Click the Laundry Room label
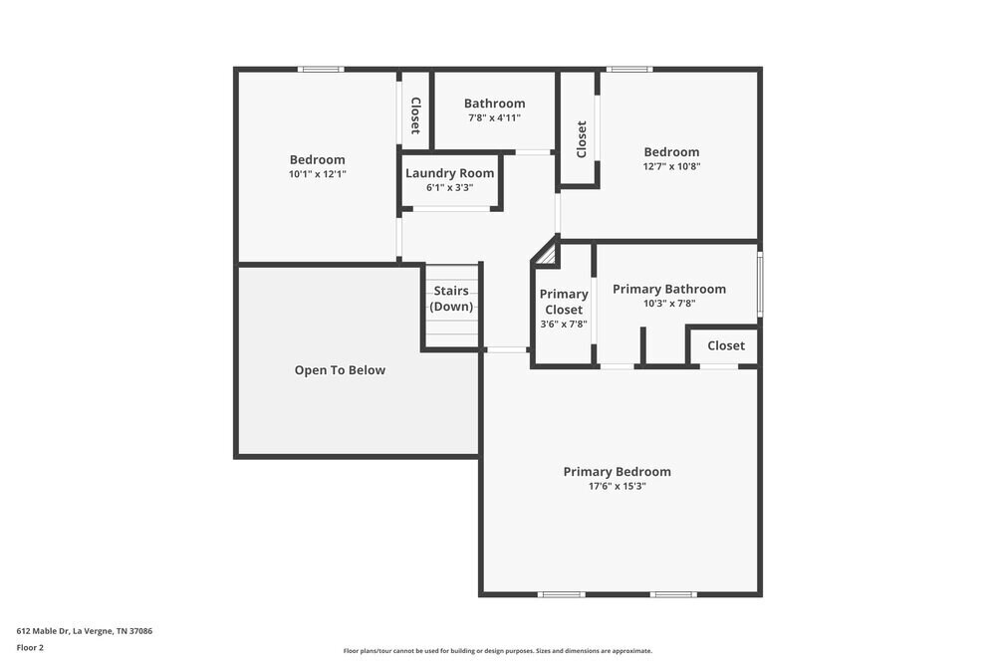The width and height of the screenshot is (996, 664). pyautogui.click(x=449, y=173)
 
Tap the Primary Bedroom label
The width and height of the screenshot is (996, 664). pyautogui.click(x=617, y=472)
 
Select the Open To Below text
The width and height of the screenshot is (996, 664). pyautogui.click(x=340, y=370)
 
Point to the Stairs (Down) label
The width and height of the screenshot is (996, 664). pyautogui.click(x=451, y=299)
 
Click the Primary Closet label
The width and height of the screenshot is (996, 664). pyautogui.click(x=564, y=302)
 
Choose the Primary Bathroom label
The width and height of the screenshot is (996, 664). pyautogui.click(x=668, y=290)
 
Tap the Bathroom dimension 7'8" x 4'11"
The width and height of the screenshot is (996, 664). pyautogui.click(x=494, y=117)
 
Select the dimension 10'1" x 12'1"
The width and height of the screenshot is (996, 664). pyautogui.click(x=317, y=174)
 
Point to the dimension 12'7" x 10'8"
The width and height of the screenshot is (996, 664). pyautogui.click(x=671, y=167)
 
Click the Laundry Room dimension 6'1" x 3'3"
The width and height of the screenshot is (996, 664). pyautogui.click(x=449, y=187)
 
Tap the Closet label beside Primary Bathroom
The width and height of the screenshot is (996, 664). pyautogui.click(x=725, y=345)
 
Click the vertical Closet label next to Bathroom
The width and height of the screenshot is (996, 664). pyautogui.click(x=415, y=115)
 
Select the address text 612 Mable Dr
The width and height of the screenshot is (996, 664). pyautogui.click(x=84, y=630)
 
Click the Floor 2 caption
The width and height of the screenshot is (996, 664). pyautogui.click(x=30, y=647)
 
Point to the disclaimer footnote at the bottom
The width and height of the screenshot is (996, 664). pyautogui.click(x=498, y=650)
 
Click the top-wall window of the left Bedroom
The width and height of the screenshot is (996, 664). pyautogui.click(x=321, y=70)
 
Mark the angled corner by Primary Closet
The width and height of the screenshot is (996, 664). pyautogui.click(x=545, y=253)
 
